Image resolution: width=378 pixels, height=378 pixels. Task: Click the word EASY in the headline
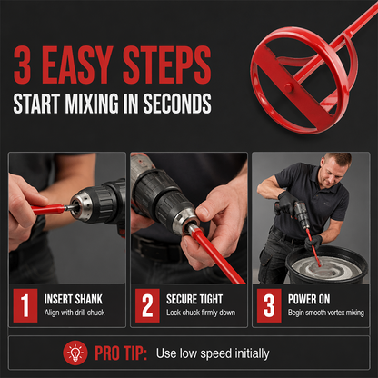77,65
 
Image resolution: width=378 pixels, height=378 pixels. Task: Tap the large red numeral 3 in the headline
23,65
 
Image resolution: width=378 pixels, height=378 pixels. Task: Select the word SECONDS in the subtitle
177,104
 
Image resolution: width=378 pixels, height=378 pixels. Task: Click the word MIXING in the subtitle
92,104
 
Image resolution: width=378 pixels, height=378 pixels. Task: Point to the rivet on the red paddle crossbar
288,88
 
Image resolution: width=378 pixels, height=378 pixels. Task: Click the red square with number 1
25,305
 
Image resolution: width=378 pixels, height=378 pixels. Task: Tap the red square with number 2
147,305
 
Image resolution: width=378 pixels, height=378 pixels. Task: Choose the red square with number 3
269,305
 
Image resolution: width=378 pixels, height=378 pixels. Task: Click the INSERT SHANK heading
74,299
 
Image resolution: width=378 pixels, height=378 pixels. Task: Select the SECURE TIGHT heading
194,299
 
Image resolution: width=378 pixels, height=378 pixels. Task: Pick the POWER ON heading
309,299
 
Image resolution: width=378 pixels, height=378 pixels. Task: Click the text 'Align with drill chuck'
75,313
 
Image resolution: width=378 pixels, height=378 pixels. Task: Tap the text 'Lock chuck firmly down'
201,313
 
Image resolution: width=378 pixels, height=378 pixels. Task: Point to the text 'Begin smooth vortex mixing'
326,313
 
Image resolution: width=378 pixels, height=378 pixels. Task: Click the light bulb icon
75,353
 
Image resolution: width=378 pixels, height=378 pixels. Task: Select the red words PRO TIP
121,353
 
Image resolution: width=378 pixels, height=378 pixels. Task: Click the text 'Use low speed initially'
213,353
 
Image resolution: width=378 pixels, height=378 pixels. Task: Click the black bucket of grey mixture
326,265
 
